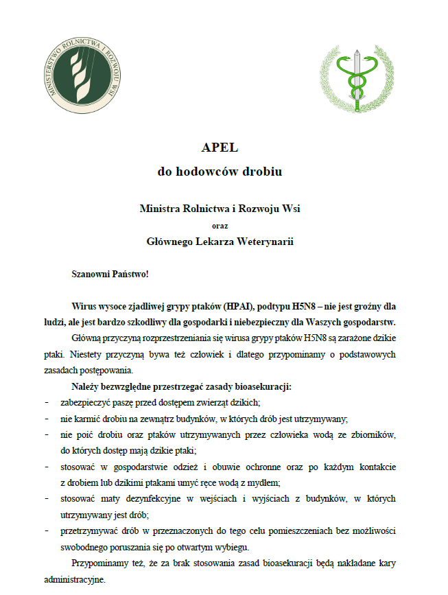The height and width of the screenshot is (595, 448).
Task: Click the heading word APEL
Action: coord(219,148)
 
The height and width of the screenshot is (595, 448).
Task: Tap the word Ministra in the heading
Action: coord(159,208)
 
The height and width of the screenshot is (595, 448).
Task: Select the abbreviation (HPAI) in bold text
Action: coord(246,306)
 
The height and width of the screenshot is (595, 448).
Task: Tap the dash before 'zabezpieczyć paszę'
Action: coord(46,402)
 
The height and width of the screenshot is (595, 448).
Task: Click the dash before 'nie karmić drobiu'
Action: coord(46,419)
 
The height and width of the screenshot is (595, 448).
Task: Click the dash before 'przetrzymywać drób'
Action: coord(46,531)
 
